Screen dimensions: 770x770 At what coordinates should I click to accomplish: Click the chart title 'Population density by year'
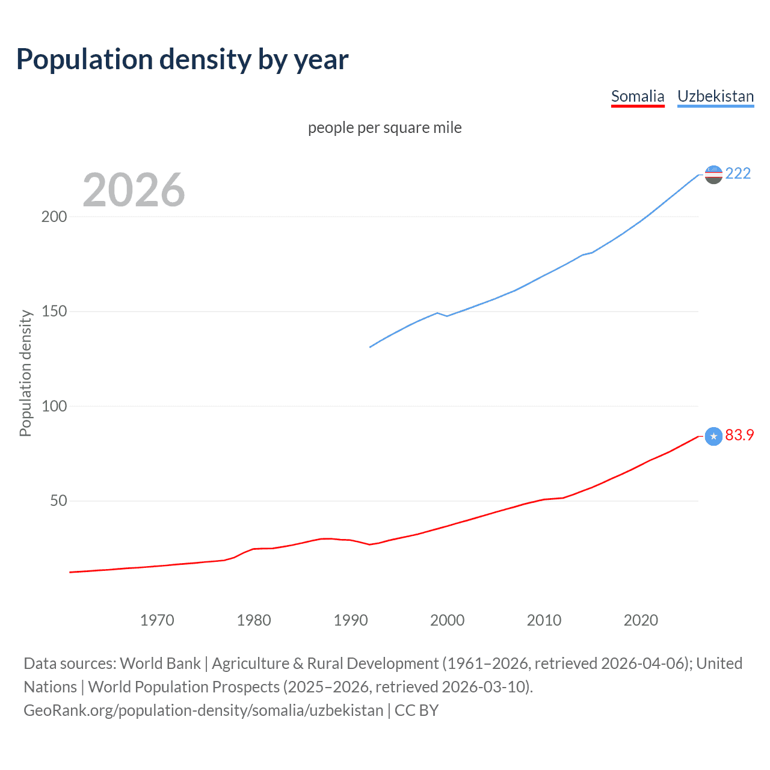pos(182,60)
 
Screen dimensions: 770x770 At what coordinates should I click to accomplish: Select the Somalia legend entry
pos(638,96)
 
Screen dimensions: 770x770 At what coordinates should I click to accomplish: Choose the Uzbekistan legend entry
pos(715,96)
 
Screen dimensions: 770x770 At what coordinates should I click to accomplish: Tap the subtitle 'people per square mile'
pos(385,128)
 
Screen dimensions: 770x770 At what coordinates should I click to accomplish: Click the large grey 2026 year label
pos(134,190)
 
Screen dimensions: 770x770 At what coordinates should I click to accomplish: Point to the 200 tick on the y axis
pos(54,217)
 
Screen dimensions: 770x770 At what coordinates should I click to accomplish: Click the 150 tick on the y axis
pos(54,312)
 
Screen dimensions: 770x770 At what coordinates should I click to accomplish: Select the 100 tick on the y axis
pos(54,406)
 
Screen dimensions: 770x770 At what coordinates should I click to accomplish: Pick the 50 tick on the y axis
pos(58,500)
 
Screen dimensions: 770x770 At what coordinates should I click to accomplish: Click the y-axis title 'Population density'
pos(25,373)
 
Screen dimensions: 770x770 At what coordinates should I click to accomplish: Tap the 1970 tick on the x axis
pos(157,620)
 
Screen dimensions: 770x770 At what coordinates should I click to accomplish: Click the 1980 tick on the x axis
pos(254,620)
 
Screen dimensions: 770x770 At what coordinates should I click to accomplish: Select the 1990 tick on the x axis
pos(351,620)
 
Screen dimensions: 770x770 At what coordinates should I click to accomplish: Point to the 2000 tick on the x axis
pos(448,620)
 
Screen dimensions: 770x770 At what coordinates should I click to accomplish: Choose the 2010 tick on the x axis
pos(544,620)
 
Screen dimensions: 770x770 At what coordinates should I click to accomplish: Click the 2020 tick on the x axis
pos(641,620)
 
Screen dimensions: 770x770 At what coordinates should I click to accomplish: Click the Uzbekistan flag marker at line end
pos(713,174)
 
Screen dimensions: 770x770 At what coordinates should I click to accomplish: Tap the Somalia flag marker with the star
pos(713,436)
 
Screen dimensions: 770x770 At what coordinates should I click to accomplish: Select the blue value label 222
pos(738,173)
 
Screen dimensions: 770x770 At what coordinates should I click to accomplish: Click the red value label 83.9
pos(739,435)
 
